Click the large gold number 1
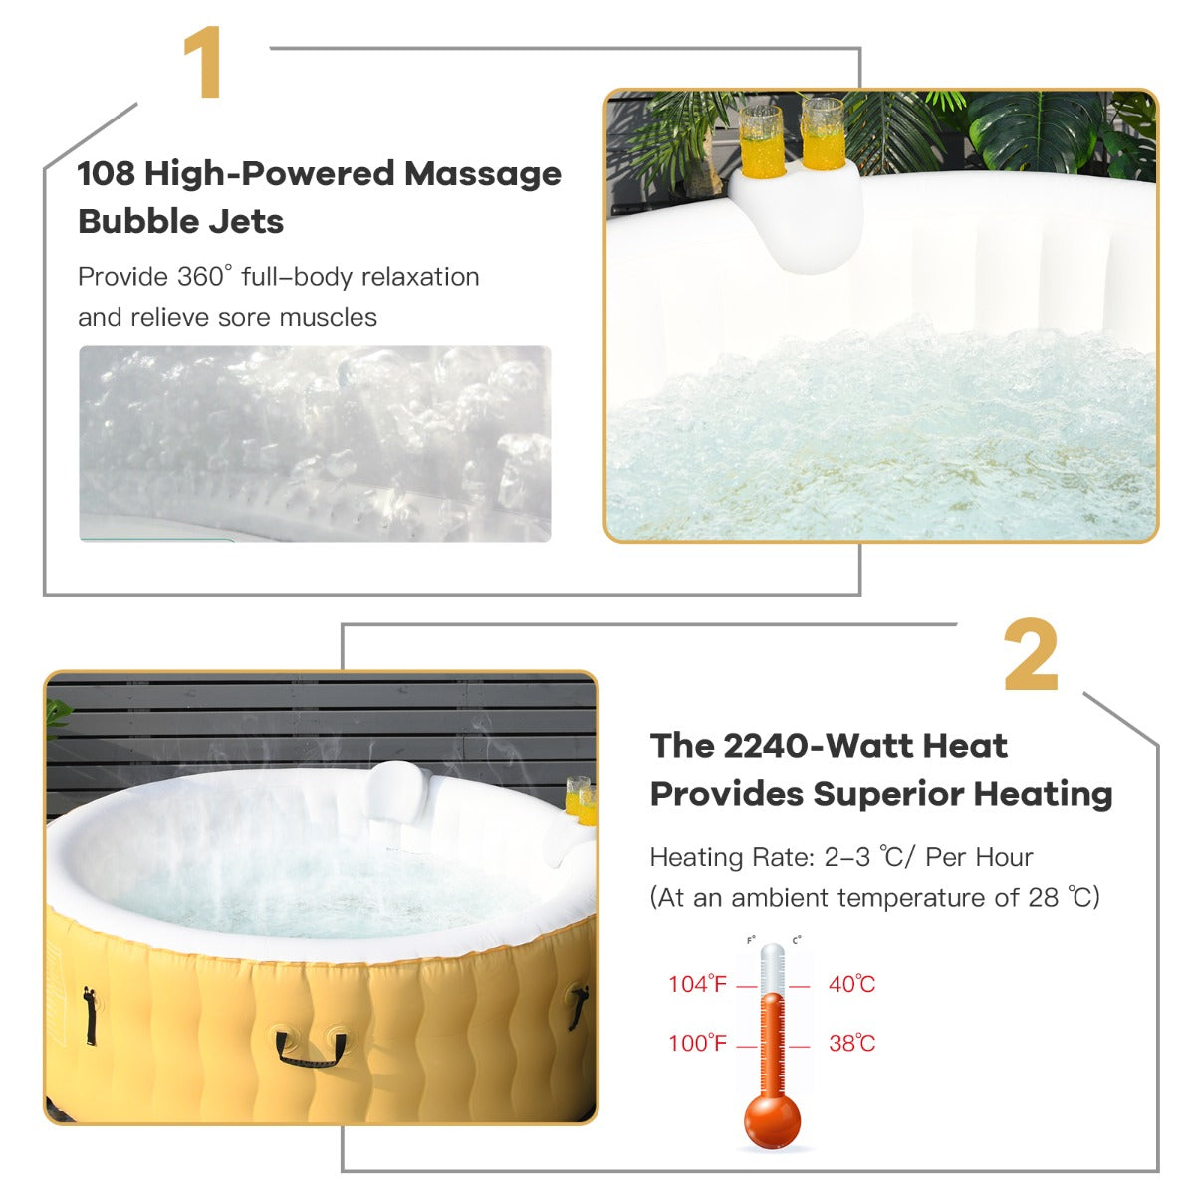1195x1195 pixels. pyautogui.click(x=203, y=62)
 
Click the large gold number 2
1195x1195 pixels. pyautogui.click(x=1030, y=654)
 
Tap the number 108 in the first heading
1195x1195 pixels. pyautogui.click(x=106, y=173)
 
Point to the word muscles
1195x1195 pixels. pyautogui.click(x=328, y=317)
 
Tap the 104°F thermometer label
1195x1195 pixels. pyautogui.click(x=697, y=984)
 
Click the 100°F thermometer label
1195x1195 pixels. pyautogui.click(x=697, y=1043)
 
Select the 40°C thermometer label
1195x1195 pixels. pyautogui.click(x=852, y=984)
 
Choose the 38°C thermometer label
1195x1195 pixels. pyautogui.click(x=852, y=1043)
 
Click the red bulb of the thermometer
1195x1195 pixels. pyautogui.click(x=772, y=1121)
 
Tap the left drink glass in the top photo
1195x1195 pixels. pyautogui.click(x=762, y=141)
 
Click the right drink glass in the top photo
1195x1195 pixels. pyautogui.click(x=823, y=133)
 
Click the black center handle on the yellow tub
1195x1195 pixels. pyautogui.click(x=310, y=1048)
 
